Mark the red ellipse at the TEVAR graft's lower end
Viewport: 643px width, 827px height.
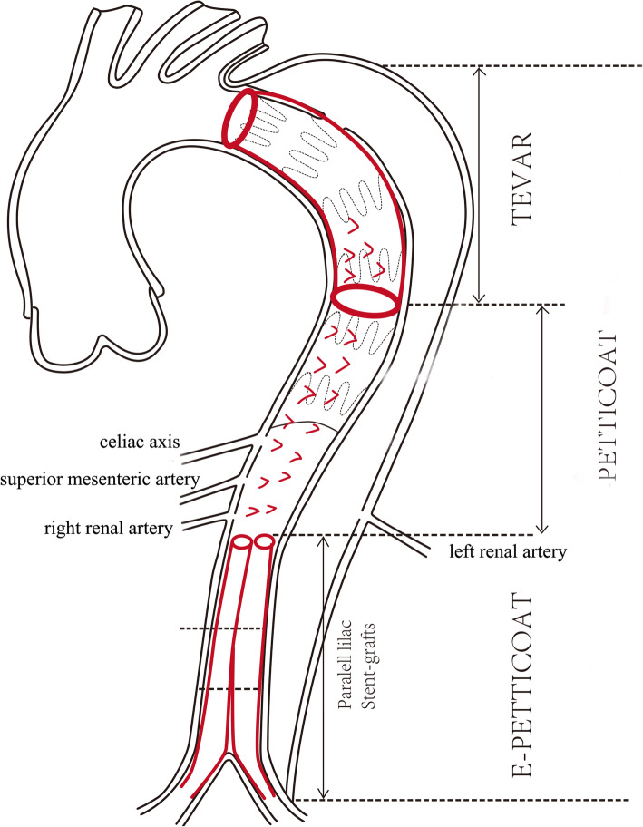pyautogui.click(x=365, y=301)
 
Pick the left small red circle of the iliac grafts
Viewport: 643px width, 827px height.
pyautogui.click(x=242, y=542)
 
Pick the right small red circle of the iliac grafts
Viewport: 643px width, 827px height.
pyautogui.click(x=264, y=542)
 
